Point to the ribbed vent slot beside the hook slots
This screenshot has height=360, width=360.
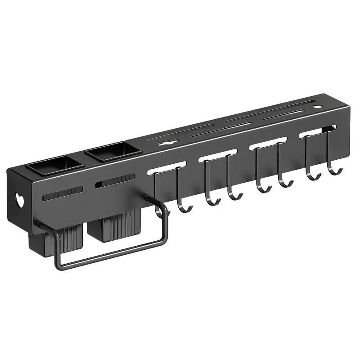point(115,181)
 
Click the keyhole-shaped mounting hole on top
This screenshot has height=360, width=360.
point(167,143)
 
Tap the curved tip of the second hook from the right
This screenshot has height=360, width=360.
point(315,177)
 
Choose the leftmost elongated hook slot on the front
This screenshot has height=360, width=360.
point(166,166)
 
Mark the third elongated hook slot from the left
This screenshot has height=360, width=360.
point(268,143)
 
